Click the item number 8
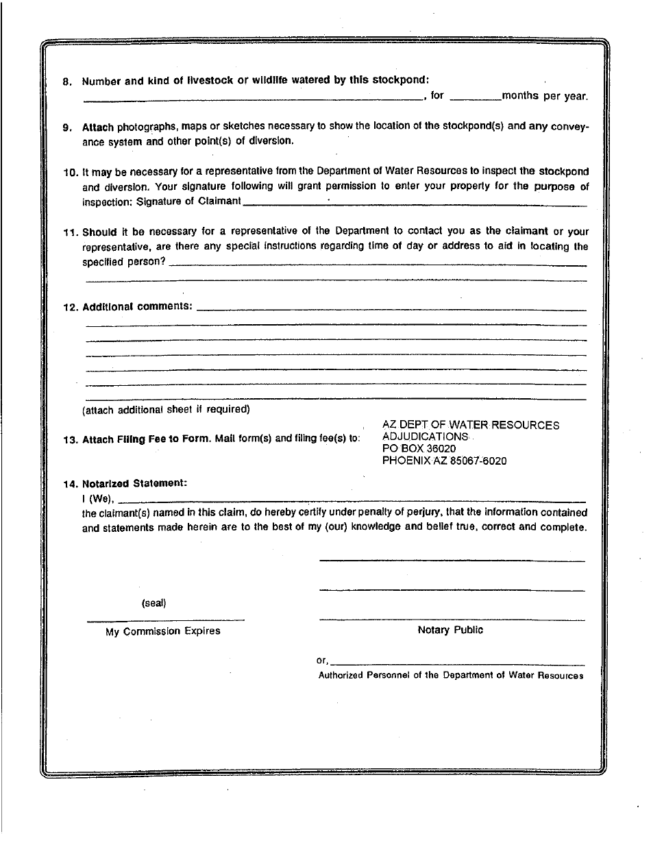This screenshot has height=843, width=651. [x=66, y=82]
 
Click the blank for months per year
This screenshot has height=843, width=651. [x=476, y=97]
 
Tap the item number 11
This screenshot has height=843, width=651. [x=69, y=232]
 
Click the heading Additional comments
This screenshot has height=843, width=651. [x=137, y=306]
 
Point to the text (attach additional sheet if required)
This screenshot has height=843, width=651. [x=166, y=410]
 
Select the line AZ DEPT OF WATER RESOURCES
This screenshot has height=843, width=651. [x=470, y=426]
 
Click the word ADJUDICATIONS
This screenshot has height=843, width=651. [x=425, y=437]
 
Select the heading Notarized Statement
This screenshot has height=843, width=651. [x=134, y=483]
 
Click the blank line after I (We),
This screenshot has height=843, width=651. [x=353, y=500]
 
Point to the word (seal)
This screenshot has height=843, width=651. [x=153, y=604]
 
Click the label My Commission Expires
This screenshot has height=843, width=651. [x=163, y=631]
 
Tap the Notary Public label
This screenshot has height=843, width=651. [x=450, y=631]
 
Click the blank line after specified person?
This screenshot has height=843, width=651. [x=377, y=263]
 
